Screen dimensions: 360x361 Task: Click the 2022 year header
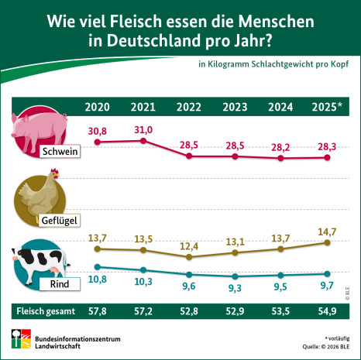coord(189,108)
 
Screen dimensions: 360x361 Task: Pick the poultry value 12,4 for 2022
coord(189,245)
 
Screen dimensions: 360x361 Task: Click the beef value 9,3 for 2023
coord(236,287)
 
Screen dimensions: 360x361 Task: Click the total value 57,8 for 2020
coord(97,312)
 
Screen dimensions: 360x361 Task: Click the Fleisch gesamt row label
coord(43,312)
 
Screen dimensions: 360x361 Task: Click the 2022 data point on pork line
coord(189,156)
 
